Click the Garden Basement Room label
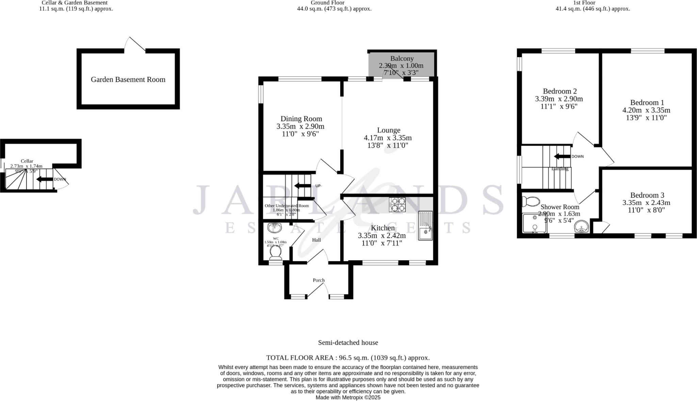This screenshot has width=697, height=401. tap(128, 80)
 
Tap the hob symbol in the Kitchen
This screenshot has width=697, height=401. tap(397, 205)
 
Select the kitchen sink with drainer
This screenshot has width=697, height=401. tap(425, 225)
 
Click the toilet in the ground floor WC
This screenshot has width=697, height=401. tap(275, 252)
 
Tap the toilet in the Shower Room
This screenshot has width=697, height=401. tap(529, 202)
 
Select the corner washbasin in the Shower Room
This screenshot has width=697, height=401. tap(582, 227)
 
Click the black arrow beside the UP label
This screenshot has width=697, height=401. tap(302, 186)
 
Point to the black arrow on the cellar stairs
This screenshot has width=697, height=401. tap(44, 179)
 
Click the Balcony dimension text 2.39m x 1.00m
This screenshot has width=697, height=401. tap(401, 66)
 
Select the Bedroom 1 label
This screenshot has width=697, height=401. tap(647, 103)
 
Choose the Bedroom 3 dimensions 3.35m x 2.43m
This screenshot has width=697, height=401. tap(646, 203)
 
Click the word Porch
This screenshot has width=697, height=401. tap(319, 280)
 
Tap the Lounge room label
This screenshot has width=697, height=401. tap(388, 130)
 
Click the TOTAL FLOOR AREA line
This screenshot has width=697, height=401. tap(348, 358)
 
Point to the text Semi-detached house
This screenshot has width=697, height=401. tap(348, 343)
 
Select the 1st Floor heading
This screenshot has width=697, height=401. tap(594, 3)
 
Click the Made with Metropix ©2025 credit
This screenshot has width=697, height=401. tap(348, 397)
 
